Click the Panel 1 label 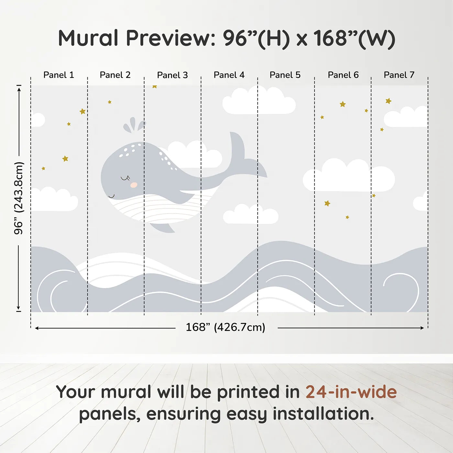click(59, 75)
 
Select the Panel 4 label click(229, 75)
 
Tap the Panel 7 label click(399, 75)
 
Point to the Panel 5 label click(285, 75)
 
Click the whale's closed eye click(126, 178)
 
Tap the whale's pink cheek click(134, 185)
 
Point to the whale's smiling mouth click(111, 196)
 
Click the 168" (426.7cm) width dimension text click(226, 327)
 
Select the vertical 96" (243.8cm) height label click(18, 198)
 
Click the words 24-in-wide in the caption click(351, 392)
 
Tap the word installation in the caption click(323, 414)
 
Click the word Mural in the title click(88, 38)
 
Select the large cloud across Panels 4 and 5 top click(259, 101)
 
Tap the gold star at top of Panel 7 click(388, 101)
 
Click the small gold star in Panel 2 click(110, 102)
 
